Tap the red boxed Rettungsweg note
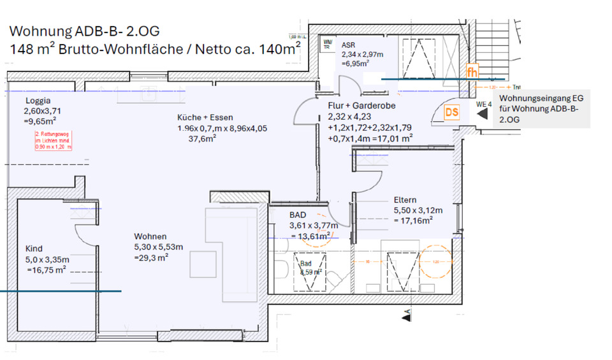(x=54, y=140)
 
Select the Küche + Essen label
(x=205, y=117)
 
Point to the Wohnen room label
(x=150, y=236)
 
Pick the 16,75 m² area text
(x=47, y=270)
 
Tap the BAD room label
(x=298, y=215)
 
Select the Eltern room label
(x=405, y=199)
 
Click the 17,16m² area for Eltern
(x=413, y=220)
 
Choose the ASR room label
(x=348, y=45)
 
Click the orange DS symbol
(x=452, y=113)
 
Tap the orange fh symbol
(x=472, y=72)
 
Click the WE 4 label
(x=484, y=103)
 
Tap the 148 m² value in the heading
(x=28, y=49)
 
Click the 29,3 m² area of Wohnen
(x=151, y=257)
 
